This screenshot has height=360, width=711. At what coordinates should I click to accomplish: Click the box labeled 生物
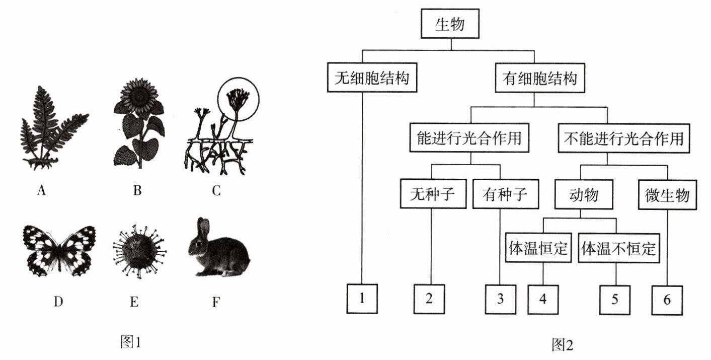[x=450, y=24]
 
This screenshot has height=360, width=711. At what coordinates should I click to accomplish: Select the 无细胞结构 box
[x=372, y=78]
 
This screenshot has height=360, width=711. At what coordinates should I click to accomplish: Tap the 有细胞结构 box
[x=540, y=78]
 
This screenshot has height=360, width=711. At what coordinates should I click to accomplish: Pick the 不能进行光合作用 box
[x=624, y=138]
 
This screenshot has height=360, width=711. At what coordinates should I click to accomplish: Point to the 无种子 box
[x=433, y=194]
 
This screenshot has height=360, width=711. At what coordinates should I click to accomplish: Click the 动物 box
[x=583, y=194]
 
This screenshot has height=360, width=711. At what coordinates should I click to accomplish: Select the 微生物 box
[x=667, y=195]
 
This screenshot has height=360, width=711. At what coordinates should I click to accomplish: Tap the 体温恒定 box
[x=538, y=248]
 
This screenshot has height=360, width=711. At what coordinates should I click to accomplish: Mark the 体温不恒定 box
[x=618, y=248]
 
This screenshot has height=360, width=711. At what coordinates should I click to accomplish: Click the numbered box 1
[x=362, y=299]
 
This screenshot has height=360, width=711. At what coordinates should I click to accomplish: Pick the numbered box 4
[x=543, y=300]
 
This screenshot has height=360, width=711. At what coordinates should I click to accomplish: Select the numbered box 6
[x=667, y=300]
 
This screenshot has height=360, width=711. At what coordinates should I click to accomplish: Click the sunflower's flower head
[x=139, y=96]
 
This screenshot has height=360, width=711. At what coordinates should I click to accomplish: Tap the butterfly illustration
[x=59, y=250]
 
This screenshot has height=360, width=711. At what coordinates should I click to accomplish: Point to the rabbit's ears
[x=203, y=228]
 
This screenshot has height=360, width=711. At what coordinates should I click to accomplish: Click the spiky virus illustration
[x=139, y=251]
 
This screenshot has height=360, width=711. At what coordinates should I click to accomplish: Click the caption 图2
[x=562, y=345]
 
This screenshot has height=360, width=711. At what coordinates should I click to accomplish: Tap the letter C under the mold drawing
[x=216, y=191]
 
